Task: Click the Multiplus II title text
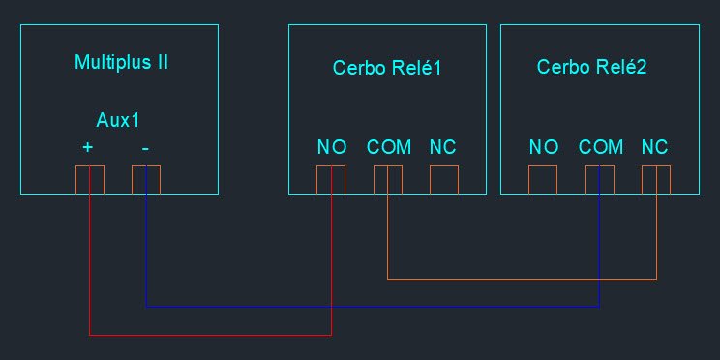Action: pos(121,62)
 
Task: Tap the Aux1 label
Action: pos(117,120)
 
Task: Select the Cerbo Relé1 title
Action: pos(387,68)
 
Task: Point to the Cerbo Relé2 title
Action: pos(591,67)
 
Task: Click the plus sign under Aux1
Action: pos(87,147)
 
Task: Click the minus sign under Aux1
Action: pos(145,148)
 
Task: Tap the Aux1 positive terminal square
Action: pos(90,180)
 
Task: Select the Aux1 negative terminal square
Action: pos(146,180)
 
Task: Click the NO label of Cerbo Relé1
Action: pos(332,147)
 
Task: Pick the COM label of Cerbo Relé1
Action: pos(388,147)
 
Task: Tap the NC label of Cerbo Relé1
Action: pos(442,147)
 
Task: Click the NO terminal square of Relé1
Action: pos(331,180)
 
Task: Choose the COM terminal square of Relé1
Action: pos(388,180)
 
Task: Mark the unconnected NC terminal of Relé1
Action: pos(444,180)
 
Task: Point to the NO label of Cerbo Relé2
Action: pos(544,147)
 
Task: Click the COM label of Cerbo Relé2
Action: pos(601,147)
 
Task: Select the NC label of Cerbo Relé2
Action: pos(655,147)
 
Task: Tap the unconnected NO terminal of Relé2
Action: pos(543,180)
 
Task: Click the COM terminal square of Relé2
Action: pos(600,180)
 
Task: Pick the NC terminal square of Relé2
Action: pos(656,180)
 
